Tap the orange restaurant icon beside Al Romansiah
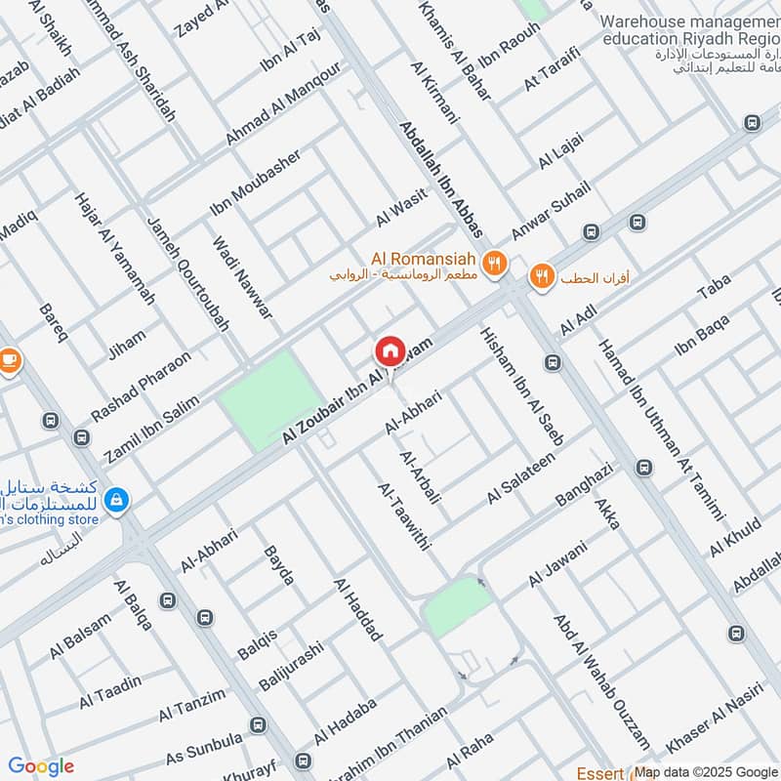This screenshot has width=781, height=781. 496,262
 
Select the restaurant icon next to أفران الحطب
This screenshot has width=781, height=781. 541,277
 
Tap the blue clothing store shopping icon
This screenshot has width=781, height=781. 116,500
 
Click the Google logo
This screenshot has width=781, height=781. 41,766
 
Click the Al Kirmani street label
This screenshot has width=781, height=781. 433,93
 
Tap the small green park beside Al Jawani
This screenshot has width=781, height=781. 456,605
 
